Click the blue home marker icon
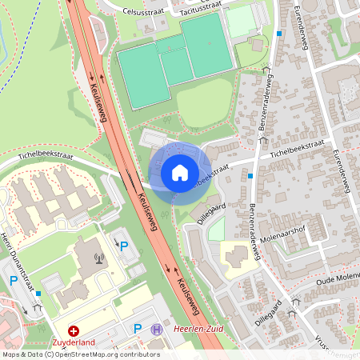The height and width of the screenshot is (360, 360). pos(180,172)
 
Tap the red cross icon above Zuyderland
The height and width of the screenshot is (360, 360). pos(74,330)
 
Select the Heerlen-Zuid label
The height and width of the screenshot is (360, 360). pos(194,330)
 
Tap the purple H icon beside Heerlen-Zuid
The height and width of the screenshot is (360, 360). pos(157,330)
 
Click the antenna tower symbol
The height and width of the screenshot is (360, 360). pos(99,258)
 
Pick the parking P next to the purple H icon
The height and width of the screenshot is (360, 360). pos(138,329)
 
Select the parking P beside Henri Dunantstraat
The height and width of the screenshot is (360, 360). pos(14,281)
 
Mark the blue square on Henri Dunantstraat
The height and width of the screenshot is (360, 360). pos(39,294)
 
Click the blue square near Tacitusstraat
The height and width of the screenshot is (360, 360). pos(278,34)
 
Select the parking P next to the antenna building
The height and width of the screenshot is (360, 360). pos(124,246)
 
